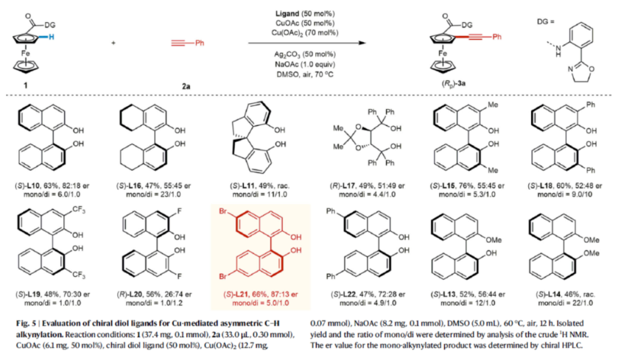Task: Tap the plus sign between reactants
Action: click(113, 43)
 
